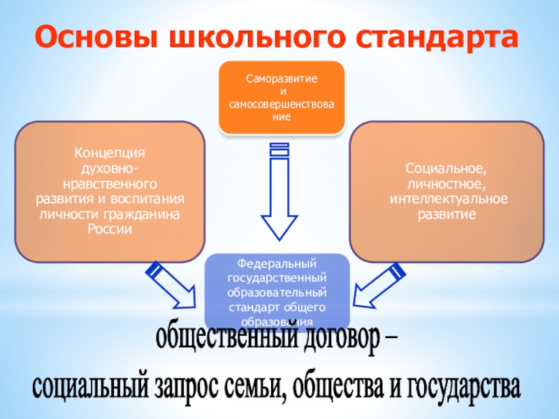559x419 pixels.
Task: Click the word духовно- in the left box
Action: (110, 170)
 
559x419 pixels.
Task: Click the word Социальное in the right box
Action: (446, 169)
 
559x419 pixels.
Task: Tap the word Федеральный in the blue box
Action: (277, 263)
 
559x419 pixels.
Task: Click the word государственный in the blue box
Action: (277, 278)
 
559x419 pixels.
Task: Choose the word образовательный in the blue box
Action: (277, 293)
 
